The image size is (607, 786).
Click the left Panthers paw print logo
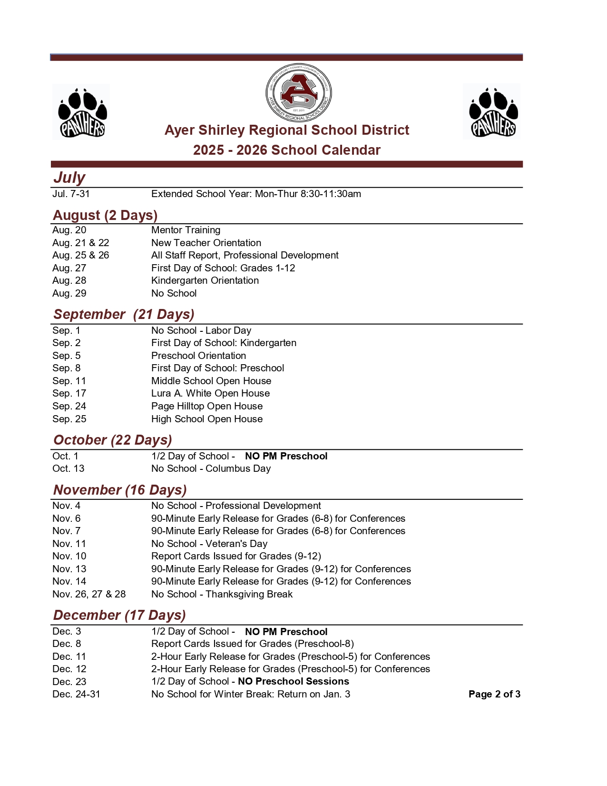pos(81,112)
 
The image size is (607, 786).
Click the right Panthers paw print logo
pos(492,112)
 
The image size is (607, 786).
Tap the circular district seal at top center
pos(298,93)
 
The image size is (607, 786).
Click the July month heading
pos(69,178)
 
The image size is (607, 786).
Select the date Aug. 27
pos(69,268)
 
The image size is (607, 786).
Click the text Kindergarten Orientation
pos(205,280)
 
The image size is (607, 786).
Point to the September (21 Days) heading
pos(124,314)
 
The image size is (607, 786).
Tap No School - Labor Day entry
pos(201,330)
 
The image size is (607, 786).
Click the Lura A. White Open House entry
pos(210,393)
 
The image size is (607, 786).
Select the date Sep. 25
pos(69,419)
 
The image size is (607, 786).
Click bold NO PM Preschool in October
pos(286,456)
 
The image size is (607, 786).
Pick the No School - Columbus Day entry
pos(211,468)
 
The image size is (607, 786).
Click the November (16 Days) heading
pos(120,490)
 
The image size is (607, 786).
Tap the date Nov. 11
pos(69,544)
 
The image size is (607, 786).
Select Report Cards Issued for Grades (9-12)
pos(236,556)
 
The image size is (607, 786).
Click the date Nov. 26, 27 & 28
pos(89,594)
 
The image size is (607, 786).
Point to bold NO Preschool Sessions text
pos(294,681)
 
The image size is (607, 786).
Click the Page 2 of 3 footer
pos(494,694)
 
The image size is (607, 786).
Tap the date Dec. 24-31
pos(77,694)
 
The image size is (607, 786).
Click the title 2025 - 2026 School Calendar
pos(287,150)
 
